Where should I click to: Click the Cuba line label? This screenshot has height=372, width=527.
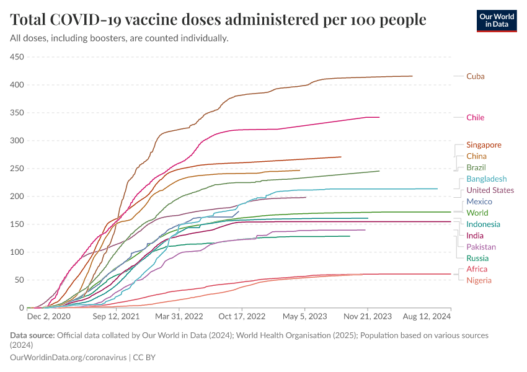(476, 76)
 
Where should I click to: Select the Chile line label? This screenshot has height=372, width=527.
(476, 117)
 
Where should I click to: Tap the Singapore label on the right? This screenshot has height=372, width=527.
(484, 145)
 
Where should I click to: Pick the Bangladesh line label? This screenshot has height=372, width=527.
(487, 179)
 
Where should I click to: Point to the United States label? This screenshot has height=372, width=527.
(490, 190)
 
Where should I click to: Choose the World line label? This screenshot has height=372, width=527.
(477, 213)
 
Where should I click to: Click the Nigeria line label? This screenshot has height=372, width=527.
(479, 280)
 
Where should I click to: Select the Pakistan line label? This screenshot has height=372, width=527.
(481, 247)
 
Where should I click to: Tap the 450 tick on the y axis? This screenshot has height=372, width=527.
(16, 57)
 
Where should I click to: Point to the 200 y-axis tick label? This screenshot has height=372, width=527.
(16, 197)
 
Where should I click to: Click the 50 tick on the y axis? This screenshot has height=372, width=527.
(19, 280)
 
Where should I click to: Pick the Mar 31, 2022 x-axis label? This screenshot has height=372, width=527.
(179, 316)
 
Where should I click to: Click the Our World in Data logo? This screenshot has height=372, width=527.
(497, 20)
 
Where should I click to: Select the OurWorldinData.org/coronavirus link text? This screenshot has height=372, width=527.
(68, 358)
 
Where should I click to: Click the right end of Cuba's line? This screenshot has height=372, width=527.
(412, 76)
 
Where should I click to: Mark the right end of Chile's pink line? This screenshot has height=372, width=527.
(379, 117)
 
